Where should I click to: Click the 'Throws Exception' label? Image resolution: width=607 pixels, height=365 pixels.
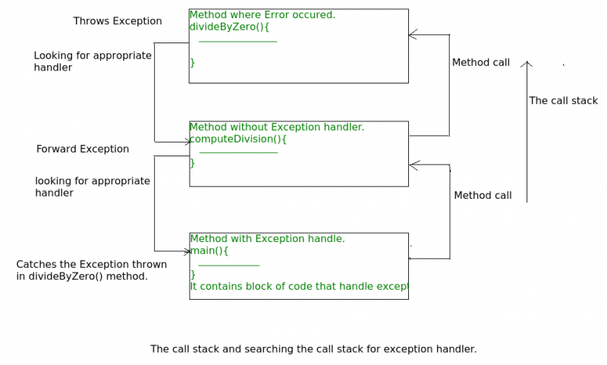(x=118, y=21)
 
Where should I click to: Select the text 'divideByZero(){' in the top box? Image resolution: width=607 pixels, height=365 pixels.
(x=229, y=26)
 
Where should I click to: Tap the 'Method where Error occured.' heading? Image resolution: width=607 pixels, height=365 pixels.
(x=262, y=14)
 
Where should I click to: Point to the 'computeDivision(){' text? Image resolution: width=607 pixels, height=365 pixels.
(x=237, y=139)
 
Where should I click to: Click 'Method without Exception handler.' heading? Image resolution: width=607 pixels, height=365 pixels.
(x=276, y=127)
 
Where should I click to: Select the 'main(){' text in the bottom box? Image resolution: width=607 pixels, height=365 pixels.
(x=209, y=250)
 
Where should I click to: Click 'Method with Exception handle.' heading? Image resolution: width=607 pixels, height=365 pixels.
(x=267, y=238)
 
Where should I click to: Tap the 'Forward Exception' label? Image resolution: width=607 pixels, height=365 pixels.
(x=83, y=149)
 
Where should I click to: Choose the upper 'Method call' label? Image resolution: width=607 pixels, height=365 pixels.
(x=481, y=62)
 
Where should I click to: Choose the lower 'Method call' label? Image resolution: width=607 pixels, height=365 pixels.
(x=483, y=195)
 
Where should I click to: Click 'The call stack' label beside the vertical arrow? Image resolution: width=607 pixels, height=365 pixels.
(x=563, y=100)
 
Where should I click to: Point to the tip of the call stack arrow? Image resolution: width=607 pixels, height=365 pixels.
(x=527, y=62)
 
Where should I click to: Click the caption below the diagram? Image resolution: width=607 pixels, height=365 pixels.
(x=313, y=349)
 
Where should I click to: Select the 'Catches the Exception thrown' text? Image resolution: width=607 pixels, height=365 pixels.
(x=91, y=264)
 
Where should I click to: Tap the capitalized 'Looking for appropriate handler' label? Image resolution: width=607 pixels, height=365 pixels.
(x=93, y=61)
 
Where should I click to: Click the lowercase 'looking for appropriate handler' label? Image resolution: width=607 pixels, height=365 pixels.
(x=93, y=187)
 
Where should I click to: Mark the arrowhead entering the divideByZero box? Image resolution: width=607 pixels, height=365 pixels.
(x=412, y=34)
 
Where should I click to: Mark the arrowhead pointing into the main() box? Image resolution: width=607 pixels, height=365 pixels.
(x=185, y=250)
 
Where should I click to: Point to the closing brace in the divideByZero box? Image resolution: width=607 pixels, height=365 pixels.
(x=192, y=62)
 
